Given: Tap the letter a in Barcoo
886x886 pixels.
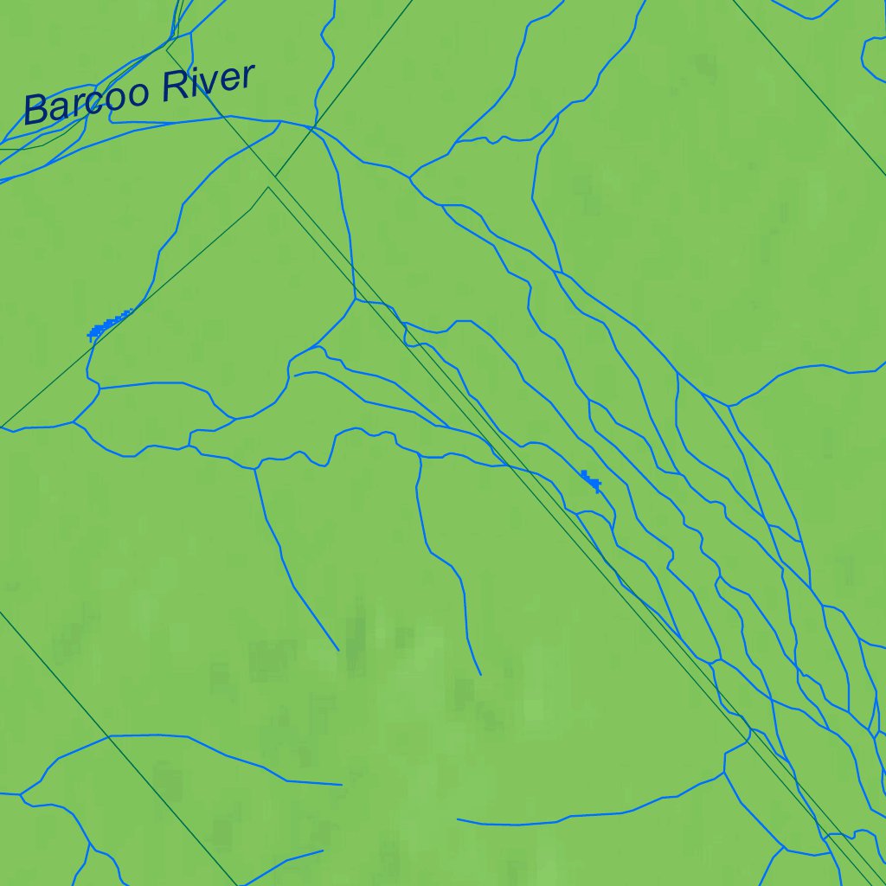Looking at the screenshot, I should [56, 107].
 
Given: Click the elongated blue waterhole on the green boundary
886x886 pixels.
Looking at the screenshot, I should [109, 324].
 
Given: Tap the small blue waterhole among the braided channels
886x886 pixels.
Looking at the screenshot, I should [591, 479].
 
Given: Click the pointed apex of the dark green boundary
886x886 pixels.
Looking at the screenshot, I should [268, 187].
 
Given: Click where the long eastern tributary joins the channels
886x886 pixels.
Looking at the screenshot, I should [731, 405].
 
